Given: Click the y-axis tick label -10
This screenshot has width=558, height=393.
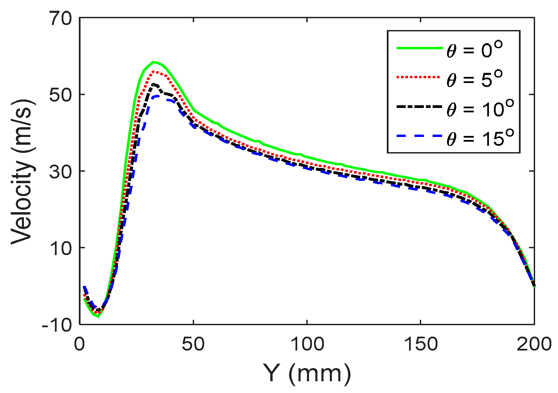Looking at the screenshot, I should point(57,325).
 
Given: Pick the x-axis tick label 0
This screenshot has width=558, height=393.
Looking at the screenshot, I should point(80,344).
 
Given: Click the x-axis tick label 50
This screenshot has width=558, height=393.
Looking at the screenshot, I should point(193,344).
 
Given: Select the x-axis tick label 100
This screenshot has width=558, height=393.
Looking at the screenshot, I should point(307,344).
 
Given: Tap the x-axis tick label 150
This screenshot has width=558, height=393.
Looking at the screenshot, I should point(421,344).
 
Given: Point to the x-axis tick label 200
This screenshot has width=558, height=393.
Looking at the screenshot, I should point(534,344).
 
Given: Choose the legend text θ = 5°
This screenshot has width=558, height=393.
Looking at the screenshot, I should point(474,80).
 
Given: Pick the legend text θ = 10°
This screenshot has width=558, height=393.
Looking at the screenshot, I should point(480,109).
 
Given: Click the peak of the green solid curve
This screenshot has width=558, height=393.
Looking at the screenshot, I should point(154,62).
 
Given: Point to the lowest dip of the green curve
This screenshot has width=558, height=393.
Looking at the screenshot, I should point(98,316).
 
